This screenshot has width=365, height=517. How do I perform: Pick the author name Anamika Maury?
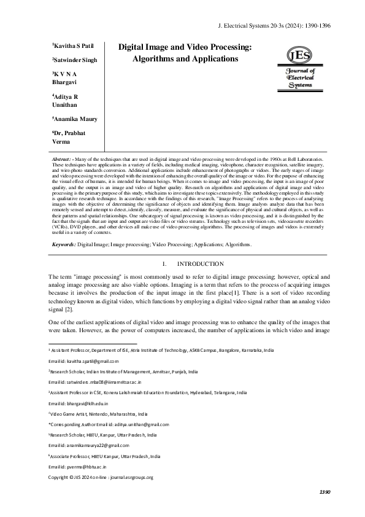point(75,119)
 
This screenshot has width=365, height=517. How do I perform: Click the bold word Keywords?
point(64,262)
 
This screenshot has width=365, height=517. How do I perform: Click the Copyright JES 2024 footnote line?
point(101,476)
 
